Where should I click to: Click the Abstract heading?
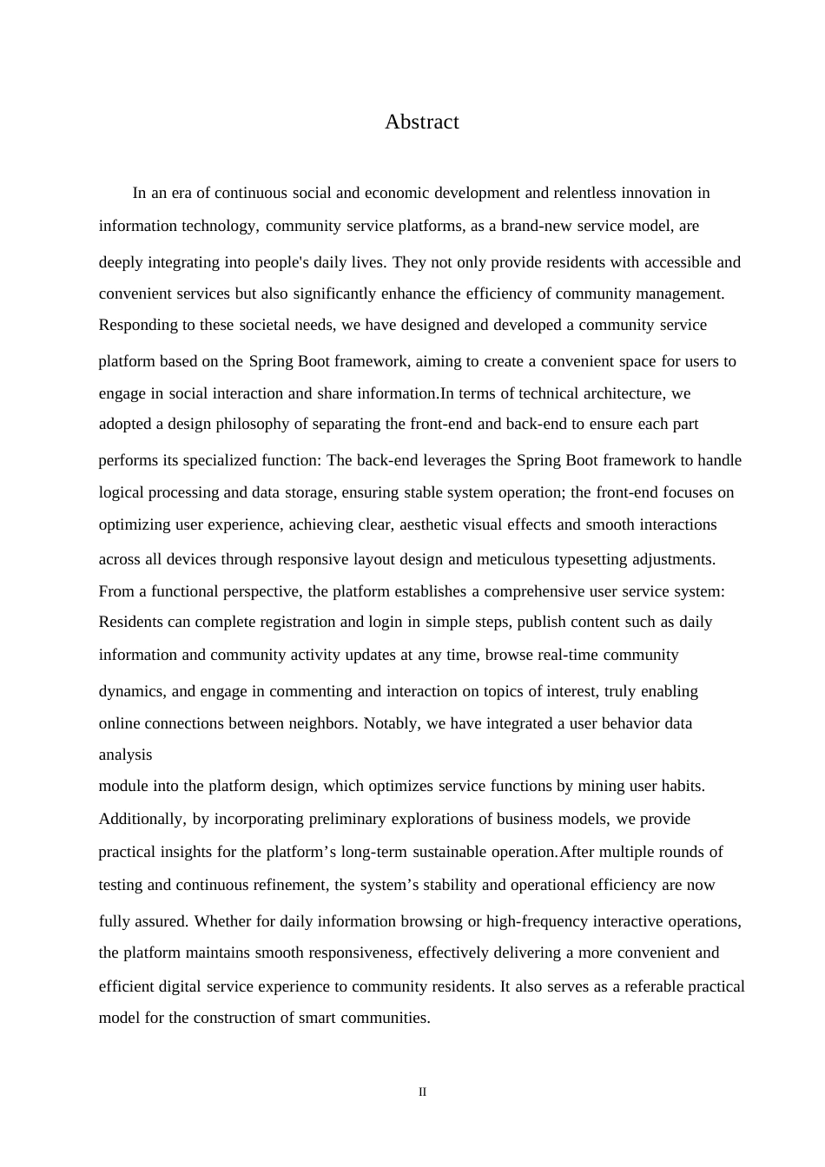coord(421,122)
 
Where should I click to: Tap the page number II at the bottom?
coord(422,1092)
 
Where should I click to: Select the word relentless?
coord(585,193)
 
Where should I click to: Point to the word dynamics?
coord(132,691)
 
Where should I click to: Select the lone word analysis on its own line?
coord(125,755)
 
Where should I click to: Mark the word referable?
coord(654,986)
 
